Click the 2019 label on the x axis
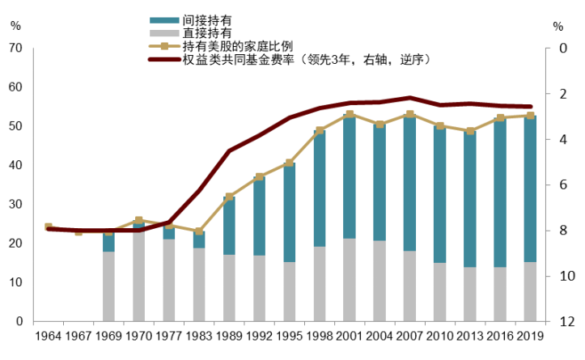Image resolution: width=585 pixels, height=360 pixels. [530, 334]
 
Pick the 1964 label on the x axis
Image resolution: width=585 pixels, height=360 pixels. [49, 334]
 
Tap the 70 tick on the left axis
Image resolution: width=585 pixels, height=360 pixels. [15, 49]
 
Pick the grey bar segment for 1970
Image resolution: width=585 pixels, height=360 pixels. [138, 276]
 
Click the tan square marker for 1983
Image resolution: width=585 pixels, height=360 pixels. [199, 231]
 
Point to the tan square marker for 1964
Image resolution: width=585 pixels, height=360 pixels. [49, 227]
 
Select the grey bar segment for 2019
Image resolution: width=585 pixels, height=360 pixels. [530, 291]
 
